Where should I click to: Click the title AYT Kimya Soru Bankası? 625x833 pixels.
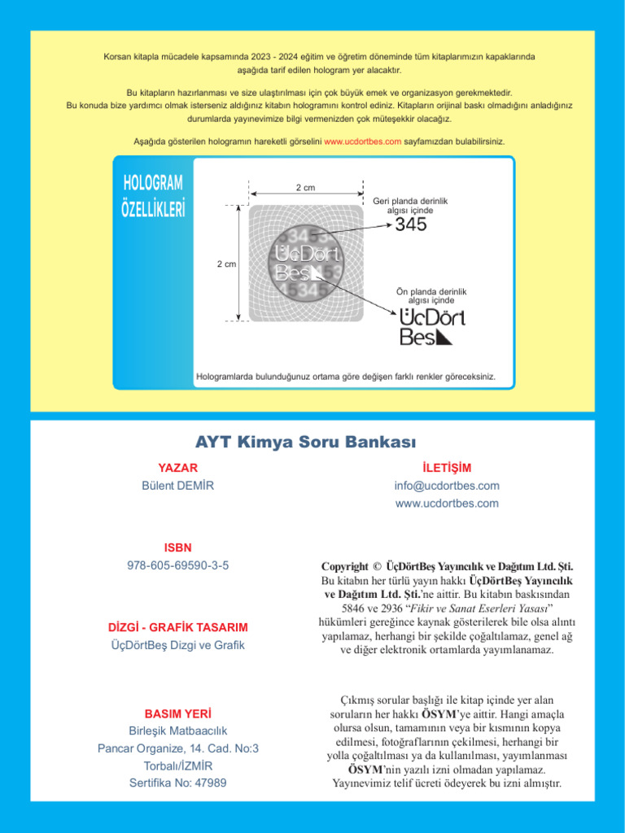pos(305,443)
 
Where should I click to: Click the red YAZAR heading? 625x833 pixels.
pos(177,468)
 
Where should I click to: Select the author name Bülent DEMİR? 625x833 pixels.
pos(177,486)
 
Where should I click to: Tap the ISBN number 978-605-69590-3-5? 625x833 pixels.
pos(177,565)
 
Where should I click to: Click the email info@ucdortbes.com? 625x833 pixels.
pos(447,486)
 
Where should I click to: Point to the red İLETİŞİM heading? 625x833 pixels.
pos(447,468)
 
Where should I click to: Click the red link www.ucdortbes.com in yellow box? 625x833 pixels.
pos(362,142)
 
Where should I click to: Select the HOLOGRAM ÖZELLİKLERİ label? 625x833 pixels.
pos(153,196)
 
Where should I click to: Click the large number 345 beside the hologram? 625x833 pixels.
pos(410,225)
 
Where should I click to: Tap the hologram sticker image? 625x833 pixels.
pos(306,263)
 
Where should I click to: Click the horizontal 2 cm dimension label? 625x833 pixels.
pos(306,188)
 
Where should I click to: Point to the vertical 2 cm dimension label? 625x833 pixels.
pos(226,264)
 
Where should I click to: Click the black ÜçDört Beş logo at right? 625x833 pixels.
pos(432,326)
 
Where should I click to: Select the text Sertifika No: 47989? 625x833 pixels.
pos(177,783)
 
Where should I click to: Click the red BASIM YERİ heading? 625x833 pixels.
pos(177,713)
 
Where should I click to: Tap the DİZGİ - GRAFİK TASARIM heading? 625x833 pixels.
pos(177,628)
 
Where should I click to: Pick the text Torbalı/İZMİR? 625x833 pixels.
pos(177,765)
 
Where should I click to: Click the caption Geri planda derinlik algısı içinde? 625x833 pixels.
pos(410,205)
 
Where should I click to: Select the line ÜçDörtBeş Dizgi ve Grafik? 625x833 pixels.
pos(177,646)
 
